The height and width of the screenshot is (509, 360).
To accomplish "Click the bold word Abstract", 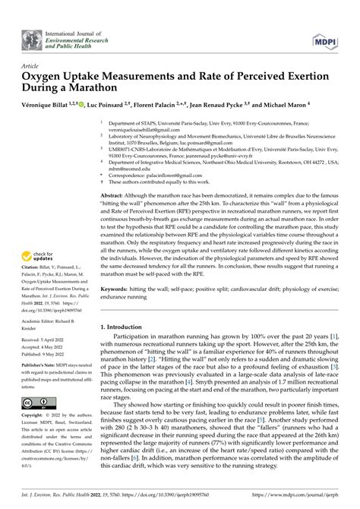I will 114,195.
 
